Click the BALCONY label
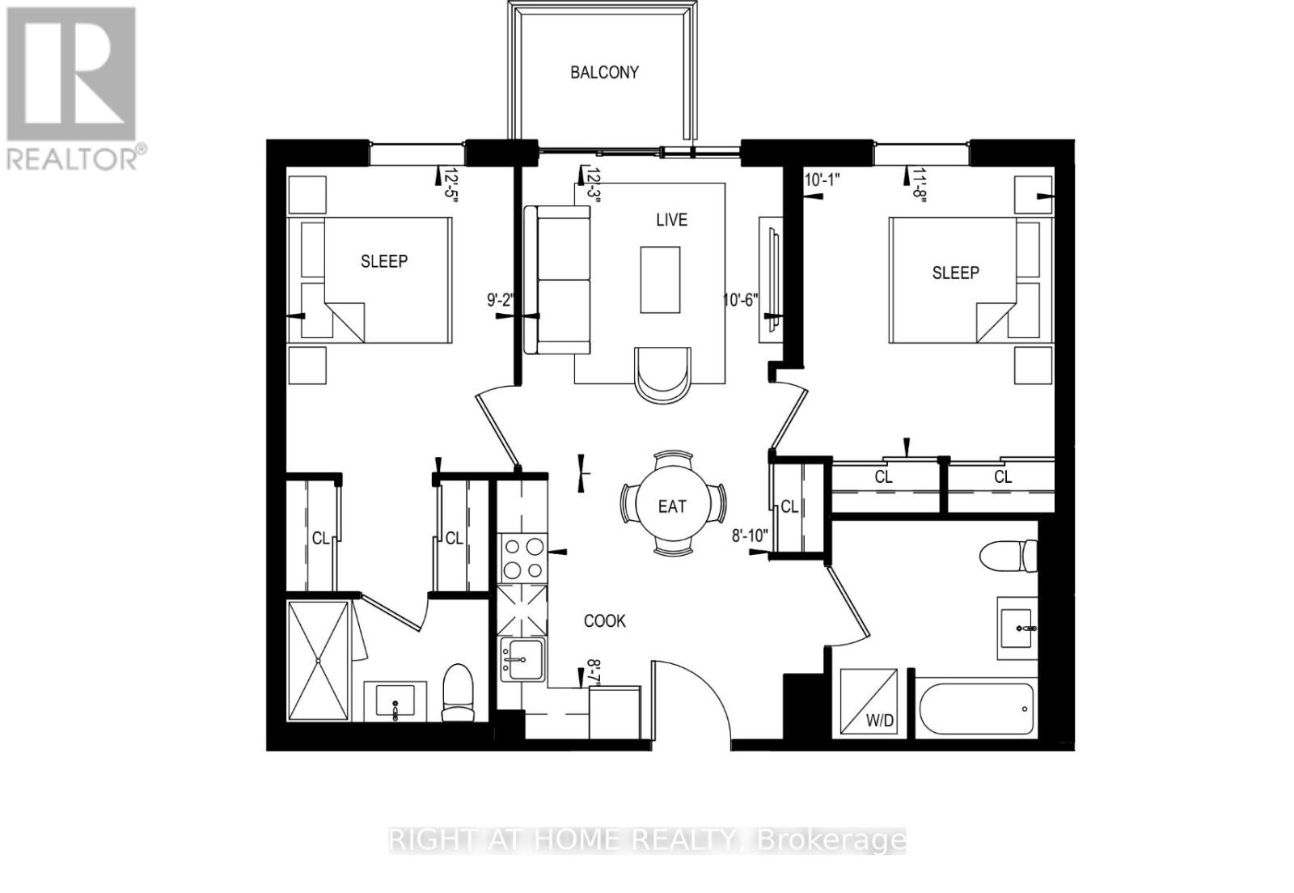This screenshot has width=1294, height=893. click(x=604, y=72)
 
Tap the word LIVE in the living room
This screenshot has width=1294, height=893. click(x=671, y=220)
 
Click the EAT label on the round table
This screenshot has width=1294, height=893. click(x=671, y=506)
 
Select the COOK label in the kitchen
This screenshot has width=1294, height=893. click(x=605, y=621)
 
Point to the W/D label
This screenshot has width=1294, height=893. click(x=880, y=721)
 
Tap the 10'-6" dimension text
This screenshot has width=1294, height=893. click(x=741, y=299)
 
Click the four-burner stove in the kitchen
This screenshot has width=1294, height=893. click(x=522, y=558)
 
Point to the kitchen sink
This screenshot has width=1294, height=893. click(x=522, y=659)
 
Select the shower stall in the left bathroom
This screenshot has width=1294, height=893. click(x=319, y=659)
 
